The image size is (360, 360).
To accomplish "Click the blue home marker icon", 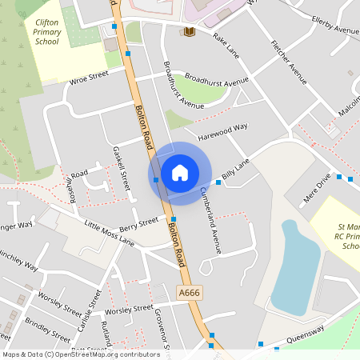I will [x=179, y=172].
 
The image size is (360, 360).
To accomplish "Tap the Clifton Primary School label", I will [x=47, y=32].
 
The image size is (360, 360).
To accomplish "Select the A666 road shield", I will [x=189, y=294].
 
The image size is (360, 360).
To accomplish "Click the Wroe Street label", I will [x=88, y=78].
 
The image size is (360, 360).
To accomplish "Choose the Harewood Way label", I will [x=224, y=126].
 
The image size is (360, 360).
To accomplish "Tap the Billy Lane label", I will [x=236, y=168].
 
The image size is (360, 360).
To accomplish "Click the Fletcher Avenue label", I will [x=289, y=61].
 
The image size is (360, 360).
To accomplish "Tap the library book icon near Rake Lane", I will [x=190, y=32].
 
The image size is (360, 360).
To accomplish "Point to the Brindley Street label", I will [x=47, y=329].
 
